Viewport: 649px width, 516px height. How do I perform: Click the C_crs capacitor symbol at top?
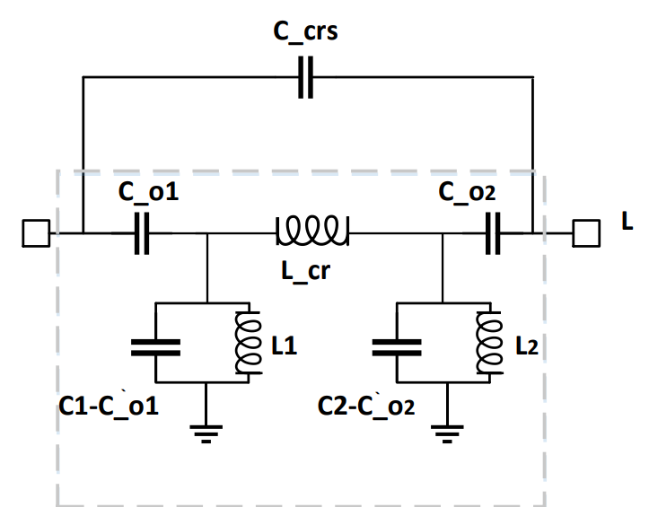306,78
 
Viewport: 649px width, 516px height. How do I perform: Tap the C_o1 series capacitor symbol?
141,235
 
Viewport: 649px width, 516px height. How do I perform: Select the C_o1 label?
147,193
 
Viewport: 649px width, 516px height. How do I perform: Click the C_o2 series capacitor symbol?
492,235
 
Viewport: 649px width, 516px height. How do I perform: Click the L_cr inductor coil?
312,232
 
